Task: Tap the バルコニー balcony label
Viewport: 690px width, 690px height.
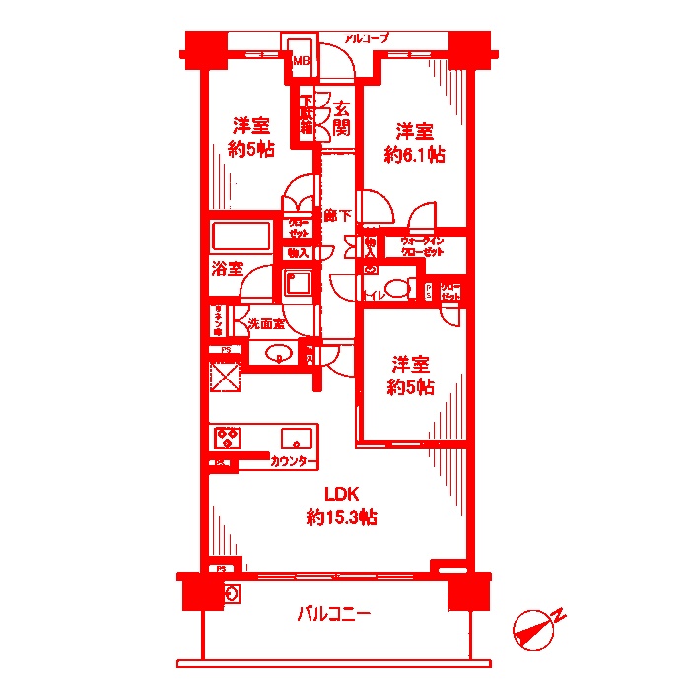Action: point(334,615)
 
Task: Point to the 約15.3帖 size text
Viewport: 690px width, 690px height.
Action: point(341,517)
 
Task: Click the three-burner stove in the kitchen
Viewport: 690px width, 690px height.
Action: point(229,437)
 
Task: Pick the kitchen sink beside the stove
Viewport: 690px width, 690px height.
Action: point(297,438)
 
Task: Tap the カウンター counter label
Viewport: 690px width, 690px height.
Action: point(294,462)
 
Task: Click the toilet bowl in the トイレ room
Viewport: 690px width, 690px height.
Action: point(395,289)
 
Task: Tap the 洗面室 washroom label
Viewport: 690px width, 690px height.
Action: point(266,323)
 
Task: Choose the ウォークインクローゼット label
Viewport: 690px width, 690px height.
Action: point(421,246)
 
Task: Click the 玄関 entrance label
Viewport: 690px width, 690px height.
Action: point(341,118)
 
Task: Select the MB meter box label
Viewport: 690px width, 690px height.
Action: point(300,61)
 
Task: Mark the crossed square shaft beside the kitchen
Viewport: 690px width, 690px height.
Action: point(226,378)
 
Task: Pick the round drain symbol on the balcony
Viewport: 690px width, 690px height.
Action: point(232,593)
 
